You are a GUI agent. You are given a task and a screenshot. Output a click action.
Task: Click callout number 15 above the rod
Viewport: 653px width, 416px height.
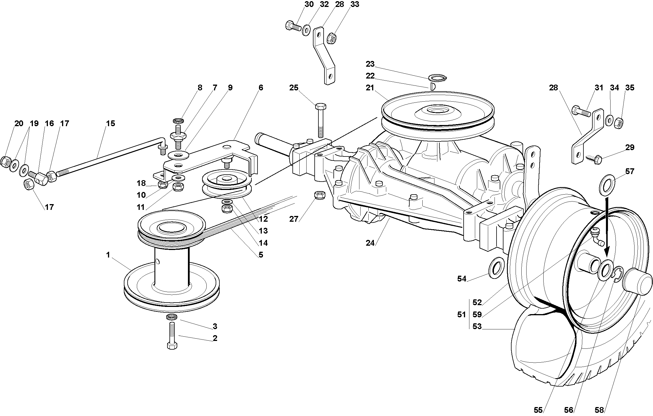pyautogui.click(x=110, y=124)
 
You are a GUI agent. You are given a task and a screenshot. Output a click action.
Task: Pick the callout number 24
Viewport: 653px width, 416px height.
pyautogui.click(x=370, y=243)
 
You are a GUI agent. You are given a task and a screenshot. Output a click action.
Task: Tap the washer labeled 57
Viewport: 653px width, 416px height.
pyautogui.click(x=607, y=185)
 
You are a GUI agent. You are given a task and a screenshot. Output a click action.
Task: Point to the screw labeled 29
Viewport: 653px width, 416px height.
pyautogui.click(x=593, y=158)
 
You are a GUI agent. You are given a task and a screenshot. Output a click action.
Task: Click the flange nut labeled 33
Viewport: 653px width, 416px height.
pyautogui.click(x=331, y=39)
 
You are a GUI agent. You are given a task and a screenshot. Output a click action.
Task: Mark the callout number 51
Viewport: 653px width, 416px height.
pyautogui.click(x=461, y=314)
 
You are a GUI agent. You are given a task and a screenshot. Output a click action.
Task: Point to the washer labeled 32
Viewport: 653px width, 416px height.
pyautogui.click(x=306, y=30)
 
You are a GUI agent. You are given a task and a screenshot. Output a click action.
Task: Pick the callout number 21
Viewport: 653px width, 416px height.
pyautogui.click(x=370, y=88)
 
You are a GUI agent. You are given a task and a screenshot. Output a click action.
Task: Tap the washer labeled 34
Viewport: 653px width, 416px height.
pyautogui.click(x=609, y=120)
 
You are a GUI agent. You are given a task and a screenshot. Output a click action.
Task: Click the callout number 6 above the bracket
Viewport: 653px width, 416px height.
pyautogui.click(x=261, y=88)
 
